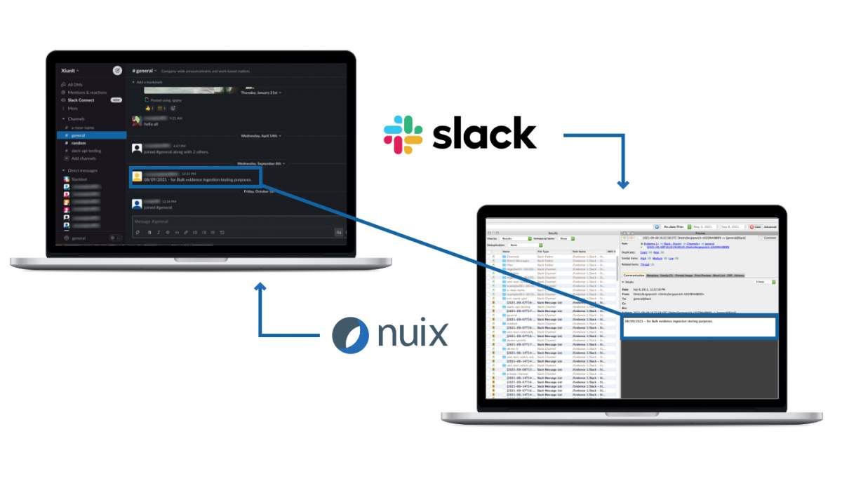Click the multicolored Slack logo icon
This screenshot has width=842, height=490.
pos(403,135)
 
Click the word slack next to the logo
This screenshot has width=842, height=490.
pos(483,134)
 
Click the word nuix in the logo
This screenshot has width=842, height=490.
pos(412,334)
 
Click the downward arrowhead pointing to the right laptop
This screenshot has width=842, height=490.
pos(622,184)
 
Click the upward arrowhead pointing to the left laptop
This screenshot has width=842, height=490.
pos(260,287)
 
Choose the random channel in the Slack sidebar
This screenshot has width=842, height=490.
pos(79,143)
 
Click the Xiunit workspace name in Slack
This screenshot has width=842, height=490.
pos(69,71)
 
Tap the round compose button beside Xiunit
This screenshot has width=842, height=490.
pos(117,70)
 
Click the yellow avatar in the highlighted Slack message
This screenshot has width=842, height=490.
pos(138,177)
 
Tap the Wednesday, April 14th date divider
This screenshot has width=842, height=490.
pos(260,135)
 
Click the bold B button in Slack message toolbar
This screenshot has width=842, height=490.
pos(149,232)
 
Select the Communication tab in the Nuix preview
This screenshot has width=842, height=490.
pos(634,275)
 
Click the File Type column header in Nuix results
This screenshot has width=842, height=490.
pos(544,251)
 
